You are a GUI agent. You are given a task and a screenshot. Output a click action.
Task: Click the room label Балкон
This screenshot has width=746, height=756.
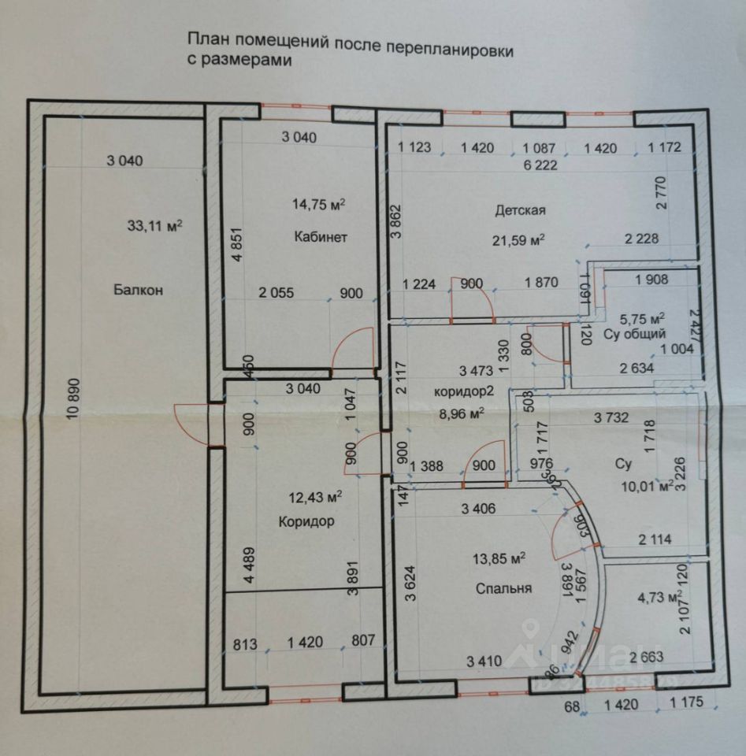pos(137,290)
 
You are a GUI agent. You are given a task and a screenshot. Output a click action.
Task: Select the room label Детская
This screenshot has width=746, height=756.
pos(520,210)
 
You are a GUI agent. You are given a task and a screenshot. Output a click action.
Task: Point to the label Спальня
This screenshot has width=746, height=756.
pos(503,588)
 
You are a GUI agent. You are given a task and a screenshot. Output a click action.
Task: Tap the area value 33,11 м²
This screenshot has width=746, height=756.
pos(154,225)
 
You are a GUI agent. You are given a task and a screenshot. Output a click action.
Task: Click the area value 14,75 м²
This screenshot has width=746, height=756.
pos(319,204)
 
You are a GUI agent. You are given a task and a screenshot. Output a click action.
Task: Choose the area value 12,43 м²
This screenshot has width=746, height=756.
pos(314,497)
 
